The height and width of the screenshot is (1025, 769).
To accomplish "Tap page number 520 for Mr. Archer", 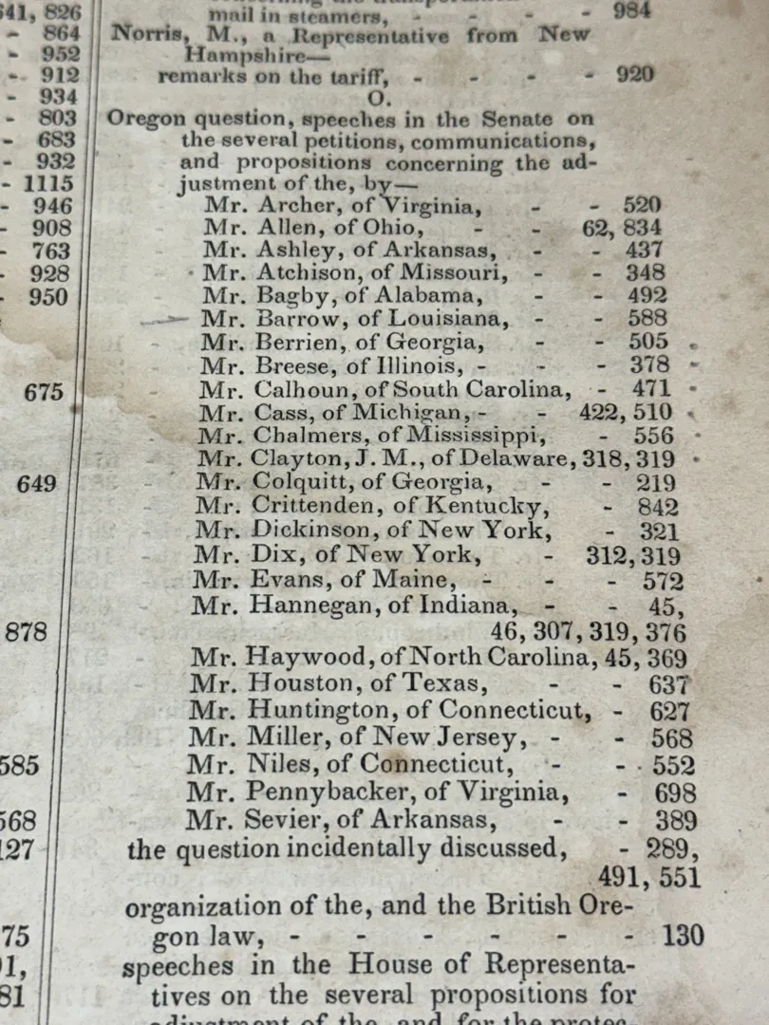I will point(642,205).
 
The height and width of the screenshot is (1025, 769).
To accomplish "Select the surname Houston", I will point(288,683).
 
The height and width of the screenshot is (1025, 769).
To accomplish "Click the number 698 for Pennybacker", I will point(675,793).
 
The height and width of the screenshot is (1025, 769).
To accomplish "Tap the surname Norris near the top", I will point(141,36).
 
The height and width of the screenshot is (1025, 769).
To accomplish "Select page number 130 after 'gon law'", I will point(683,936).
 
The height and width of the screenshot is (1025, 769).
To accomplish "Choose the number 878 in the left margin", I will point(27,632).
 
